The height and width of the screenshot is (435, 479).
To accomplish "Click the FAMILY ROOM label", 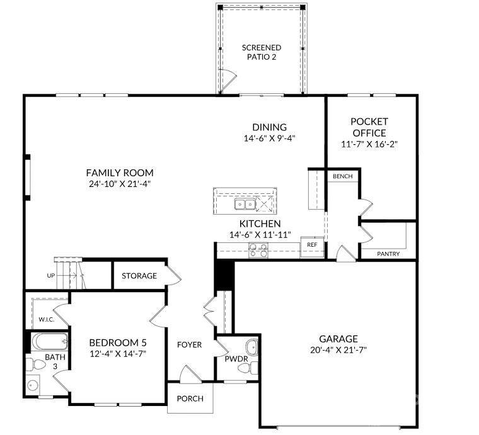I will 120,172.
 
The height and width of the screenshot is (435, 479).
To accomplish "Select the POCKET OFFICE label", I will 369,127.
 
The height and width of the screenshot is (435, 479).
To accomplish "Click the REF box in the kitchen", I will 312,244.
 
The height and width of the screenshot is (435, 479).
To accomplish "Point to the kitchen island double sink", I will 245,203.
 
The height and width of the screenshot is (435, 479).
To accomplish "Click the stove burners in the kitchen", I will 258,251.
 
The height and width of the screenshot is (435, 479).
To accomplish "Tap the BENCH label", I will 343,177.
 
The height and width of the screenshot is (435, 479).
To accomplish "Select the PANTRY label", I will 388,254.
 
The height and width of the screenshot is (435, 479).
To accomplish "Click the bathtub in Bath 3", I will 48,344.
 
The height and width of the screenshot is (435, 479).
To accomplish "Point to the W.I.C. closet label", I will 46,319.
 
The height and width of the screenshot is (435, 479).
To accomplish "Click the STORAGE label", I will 139,275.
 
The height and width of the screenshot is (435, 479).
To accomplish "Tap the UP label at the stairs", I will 50,276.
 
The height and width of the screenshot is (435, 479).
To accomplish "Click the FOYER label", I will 189,344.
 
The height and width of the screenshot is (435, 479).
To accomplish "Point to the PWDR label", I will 236,359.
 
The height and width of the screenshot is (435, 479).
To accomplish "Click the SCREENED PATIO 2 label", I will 262,52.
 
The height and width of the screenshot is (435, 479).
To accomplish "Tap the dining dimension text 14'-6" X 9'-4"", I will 270,138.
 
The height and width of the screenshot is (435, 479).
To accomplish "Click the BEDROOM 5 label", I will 118,342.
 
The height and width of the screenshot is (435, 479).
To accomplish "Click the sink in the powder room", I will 251,347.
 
